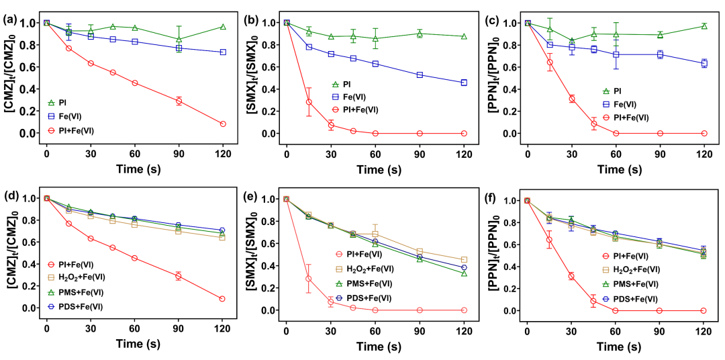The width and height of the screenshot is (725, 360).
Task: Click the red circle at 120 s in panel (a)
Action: [x=223, y=124]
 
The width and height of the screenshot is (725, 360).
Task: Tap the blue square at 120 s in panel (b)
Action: [x=464, y=83]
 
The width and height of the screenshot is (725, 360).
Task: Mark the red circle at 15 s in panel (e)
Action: [x=309, y=279]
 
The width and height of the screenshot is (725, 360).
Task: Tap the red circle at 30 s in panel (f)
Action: [x=571, y=276]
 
